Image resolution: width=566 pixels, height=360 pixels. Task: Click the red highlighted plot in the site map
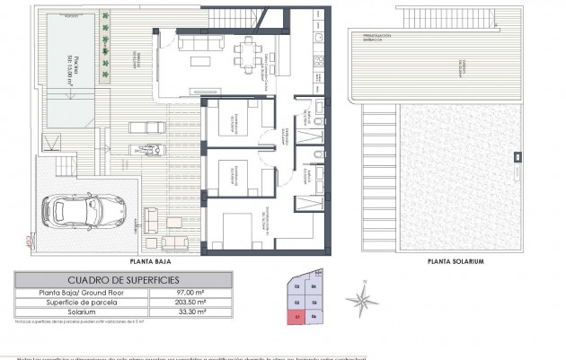[297, 317]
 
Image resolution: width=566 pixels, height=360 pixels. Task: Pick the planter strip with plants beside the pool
[105, 63]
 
